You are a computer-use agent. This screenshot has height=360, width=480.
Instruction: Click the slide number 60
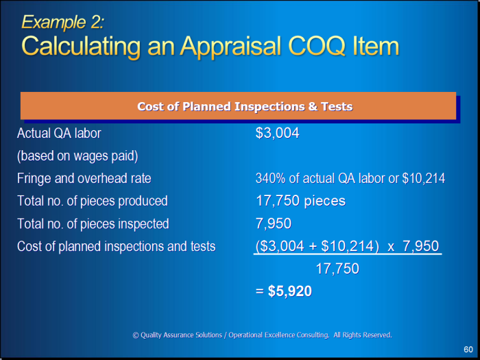pyautogui.click(x=468, y=349)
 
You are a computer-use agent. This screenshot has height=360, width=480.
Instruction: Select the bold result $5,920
pyautogui.click(x=289, y=291)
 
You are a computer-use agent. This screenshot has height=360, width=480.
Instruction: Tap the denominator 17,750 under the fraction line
pyautogui.click(x=337, y=269)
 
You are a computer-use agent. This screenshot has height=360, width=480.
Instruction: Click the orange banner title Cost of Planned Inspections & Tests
pyautogui.click(x=245, y=106)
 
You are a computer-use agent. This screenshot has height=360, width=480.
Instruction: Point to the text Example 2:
pyautogui.click(x=63, y=22)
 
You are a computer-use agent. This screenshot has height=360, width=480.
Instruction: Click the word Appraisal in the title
pyautogui.click(x=230, y=47)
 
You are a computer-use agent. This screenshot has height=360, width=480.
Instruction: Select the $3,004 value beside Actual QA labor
pyautogui.click(x=277, y=133)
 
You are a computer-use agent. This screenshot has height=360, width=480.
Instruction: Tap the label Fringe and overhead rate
pyautogui.click(x=84, y=178)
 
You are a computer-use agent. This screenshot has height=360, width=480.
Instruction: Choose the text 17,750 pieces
pyautogui.click(x=300, y=201)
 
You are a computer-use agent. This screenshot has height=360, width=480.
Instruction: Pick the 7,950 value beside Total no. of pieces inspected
pyautogui.click(x=274, y=224)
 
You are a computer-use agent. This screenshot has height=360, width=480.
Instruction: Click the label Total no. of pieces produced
pyautogui.click(x=93, y=201)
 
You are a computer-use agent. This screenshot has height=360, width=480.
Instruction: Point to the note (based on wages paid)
pyautogui.click(x=77, y=156)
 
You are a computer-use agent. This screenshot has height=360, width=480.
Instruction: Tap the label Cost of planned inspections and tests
pyautogui.click(x=117, y=246)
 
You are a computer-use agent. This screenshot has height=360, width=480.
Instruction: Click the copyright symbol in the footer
pyautogui.click(x=136, y=335)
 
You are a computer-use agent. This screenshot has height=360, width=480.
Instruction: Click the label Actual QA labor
pyautogui.click(x=59, y=133)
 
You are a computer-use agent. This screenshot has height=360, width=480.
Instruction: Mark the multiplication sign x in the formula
pyautogui.click(x=391, y=247)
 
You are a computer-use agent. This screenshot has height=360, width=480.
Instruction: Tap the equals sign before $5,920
pyautogui.click(x=260, y=291)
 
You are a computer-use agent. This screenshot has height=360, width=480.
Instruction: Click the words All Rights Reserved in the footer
pyautogui.click(x=363, y=335)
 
